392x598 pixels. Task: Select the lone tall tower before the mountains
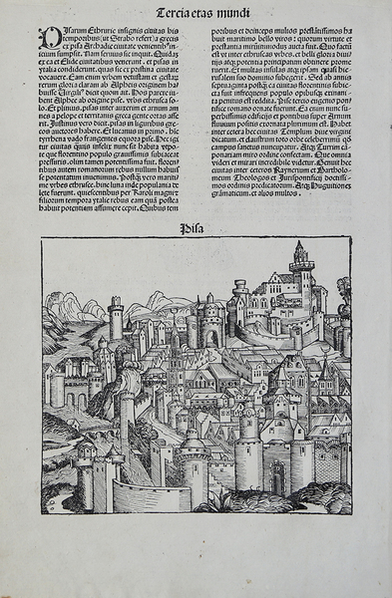click(117, 317)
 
